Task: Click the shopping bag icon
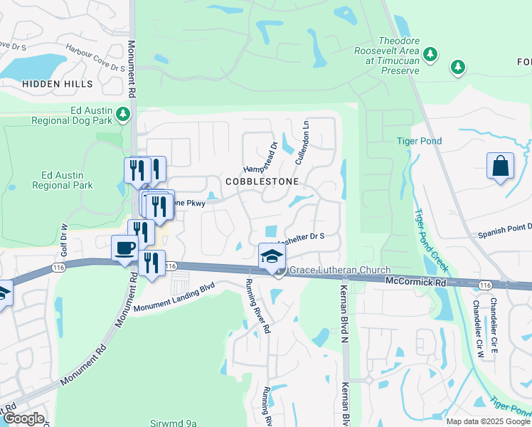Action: pos(501,166)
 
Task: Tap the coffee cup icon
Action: pos(125,248)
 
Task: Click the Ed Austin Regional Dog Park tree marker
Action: pos(124,114)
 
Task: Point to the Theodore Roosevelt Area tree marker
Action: pos(430,54)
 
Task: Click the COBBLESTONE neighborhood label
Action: pos(262,181)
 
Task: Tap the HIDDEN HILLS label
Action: pos(58,84)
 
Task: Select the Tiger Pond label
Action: pos(419,142)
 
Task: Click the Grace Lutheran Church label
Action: pos(340,270)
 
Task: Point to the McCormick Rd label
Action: pos(415,282)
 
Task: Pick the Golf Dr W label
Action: pos(63,241)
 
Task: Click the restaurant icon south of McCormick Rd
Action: pos(151,264)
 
